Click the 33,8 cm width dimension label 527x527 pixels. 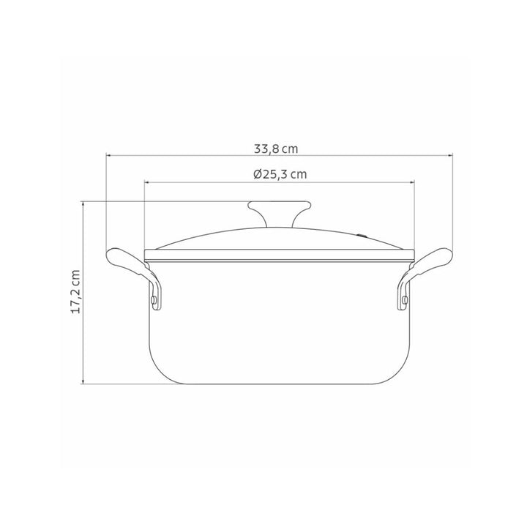(x=276, y=149)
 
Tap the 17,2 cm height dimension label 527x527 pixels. (x=75, y=292)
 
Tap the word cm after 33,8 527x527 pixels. (x=291, y=149)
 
